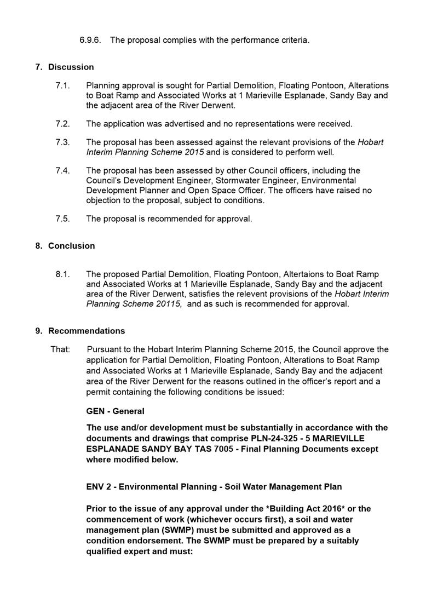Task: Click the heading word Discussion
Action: pos(71,67)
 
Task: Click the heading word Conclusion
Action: pos(71,246)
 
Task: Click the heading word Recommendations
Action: pos(87,331)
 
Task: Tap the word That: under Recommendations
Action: pos(60,349)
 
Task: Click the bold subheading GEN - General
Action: pos(115,411)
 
